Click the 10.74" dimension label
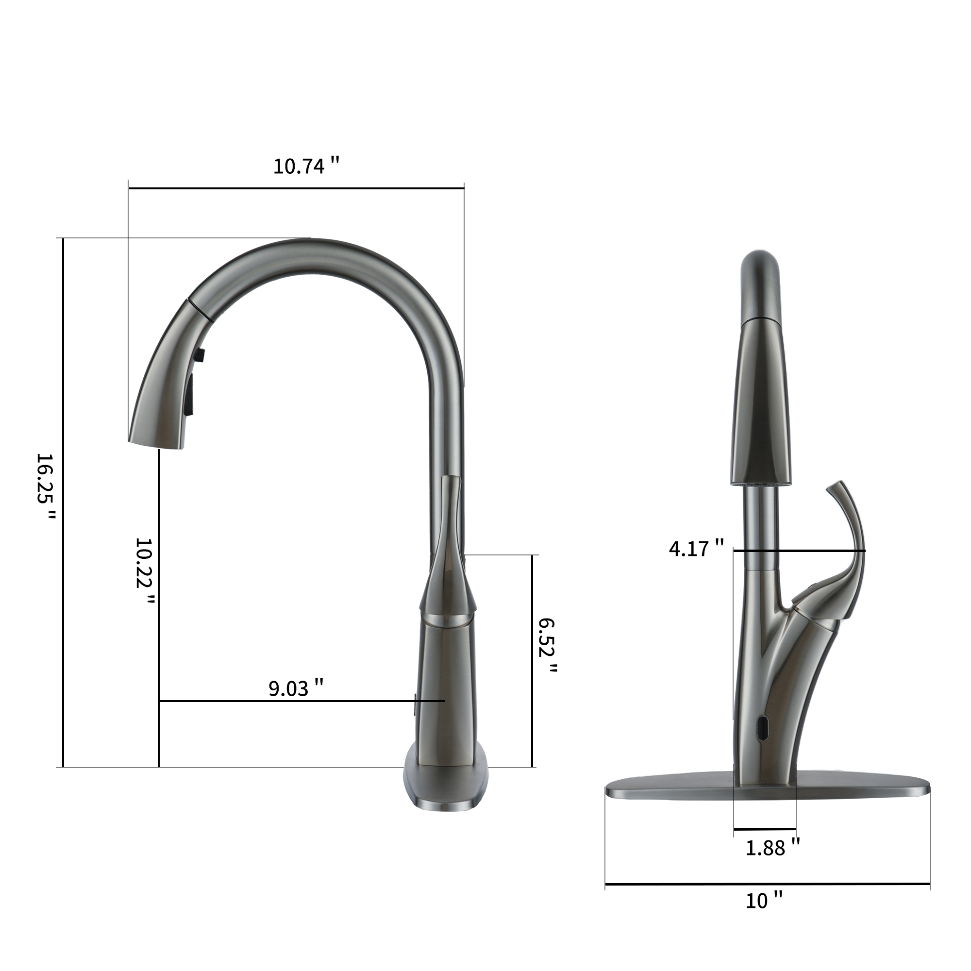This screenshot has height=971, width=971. [x=306, y=167]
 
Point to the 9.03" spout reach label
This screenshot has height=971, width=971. [x=296, y=688]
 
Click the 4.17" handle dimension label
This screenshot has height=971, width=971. [x=696, y=548]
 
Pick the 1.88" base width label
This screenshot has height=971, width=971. [x=772, y=848]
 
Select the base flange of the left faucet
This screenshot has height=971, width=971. [x=446, y=789]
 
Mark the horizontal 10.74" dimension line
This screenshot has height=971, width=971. [x=297, y=188]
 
